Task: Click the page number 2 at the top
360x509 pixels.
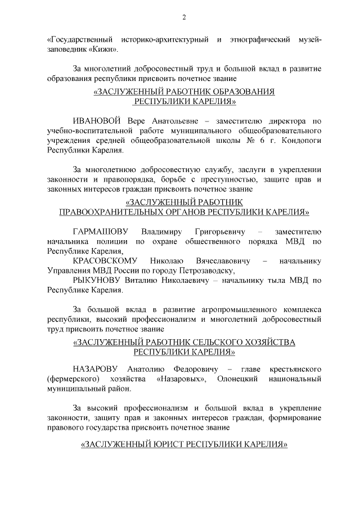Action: [183, 16]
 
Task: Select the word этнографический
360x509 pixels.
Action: [264, 40]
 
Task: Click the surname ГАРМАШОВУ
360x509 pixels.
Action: [101, 232]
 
